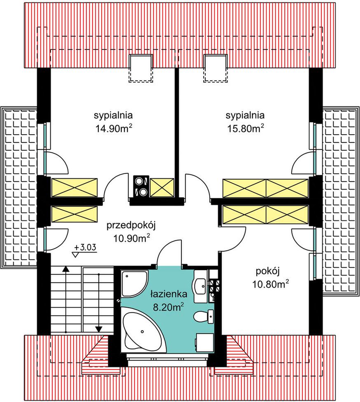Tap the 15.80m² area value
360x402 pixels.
(x=246, y=128)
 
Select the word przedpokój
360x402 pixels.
(x=131, y=227)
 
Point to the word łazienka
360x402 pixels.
(x=169, y=294)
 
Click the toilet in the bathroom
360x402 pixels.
(x=204, y=316)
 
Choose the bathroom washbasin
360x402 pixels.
(x=201, y=286)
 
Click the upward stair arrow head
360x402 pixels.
(x=66, y=269)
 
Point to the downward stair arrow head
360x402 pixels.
(x=99, y=329)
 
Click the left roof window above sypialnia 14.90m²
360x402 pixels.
(x=141, y=68)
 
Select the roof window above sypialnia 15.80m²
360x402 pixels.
(x=215, y=68)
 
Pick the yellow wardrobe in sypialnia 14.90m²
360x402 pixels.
(x=74, y=188)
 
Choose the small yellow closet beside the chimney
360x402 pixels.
(x=162, y=188)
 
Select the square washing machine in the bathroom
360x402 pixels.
(x=205, y=343)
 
